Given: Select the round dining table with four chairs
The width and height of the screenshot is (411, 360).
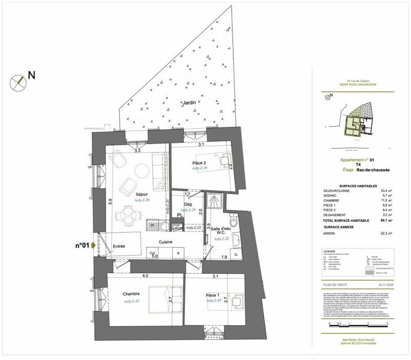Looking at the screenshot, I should pyautogui.click(x=126, y=216).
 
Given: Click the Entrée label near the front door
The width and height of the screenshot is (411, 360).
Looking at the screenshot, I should pyautogui.click(x=120, y=247).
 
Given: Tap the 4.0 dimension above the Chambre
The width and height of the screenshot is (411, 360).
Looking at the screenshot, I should pyautogui.click(x=145, y=276).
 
